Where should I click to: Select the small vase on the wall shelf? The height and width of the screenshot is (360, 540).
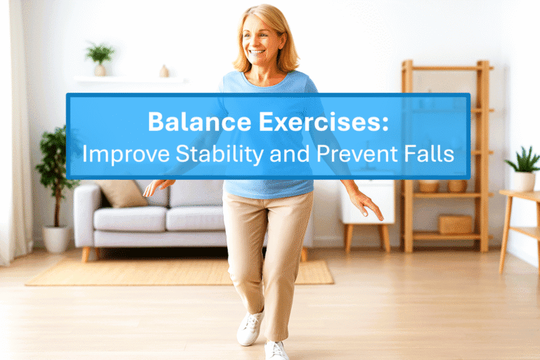tap(164, 71)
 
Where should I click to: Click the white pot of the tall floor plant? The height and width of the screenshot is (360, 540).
tap(56, 238)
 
